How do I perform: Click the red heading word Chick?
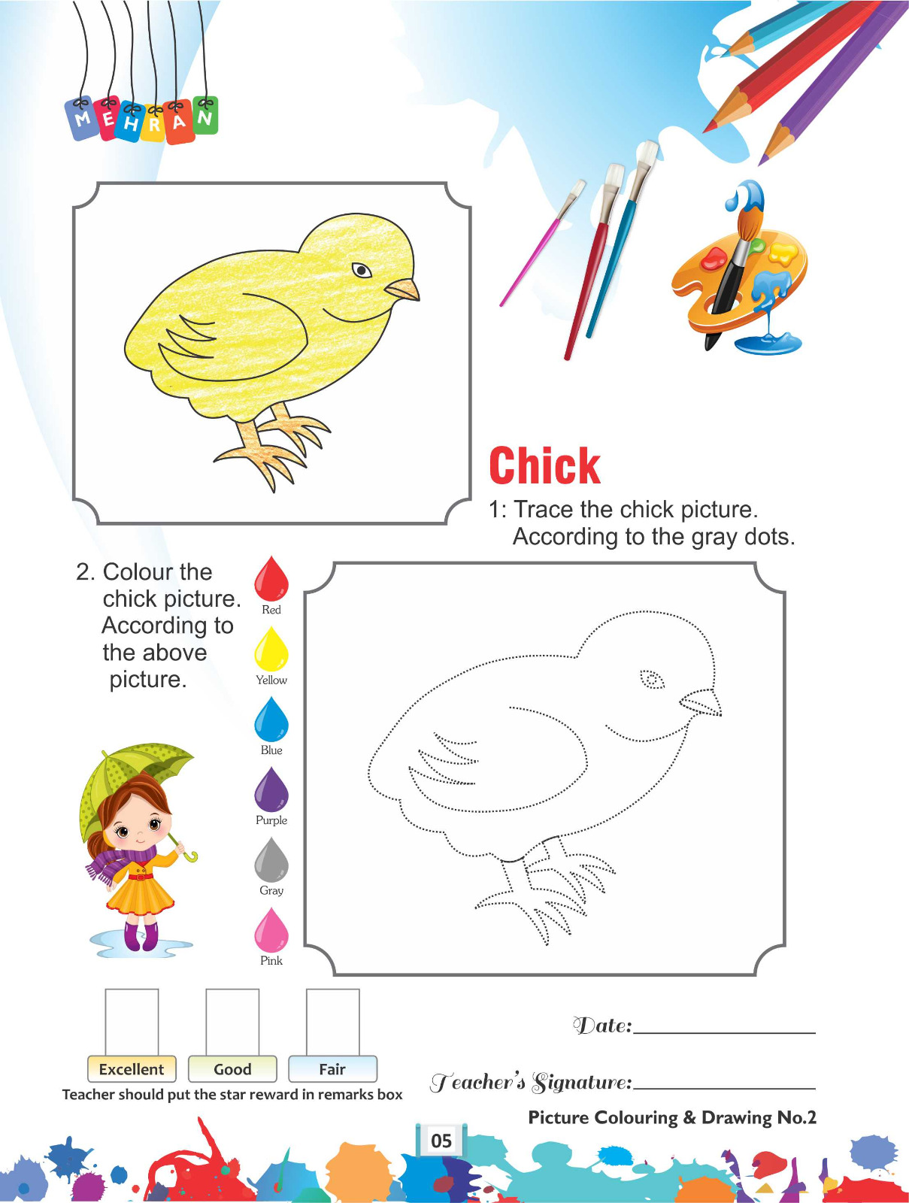pos(544,466)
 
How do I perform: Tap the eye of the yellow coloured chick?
pos(362,270)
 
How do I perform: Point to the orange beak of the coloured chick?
pos(403,289)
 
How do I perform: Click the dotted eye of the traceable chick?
pos(652,680)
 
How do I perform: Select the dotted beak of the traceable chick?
pos(701,702)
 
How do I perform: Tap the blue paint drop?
pos(271,719)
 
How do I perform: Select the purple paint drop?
pos(271,789)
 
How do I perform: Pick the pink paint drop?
pos(271,929)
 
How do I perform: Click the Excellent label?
pos(132,1068)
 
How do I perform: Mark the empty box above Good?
pos(232,1022)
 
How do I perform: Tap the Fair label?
pos(332,1068)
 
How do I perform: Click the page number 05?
pos(441,1141)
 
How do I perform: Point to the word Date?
pos(602,1025)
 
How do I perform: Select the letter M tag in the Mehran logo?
pos(83,118)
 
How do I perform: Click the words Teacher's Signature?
pos(531,1082)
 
